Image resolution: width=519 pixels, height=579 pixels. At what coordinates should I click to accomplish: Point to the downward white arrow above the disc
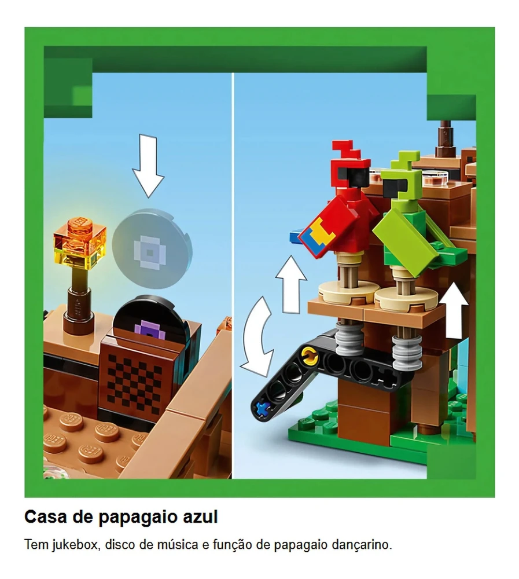coord(148,166)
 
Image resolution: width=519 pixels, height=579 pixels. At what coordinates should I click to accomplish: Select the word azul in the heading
coord(200,517)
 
